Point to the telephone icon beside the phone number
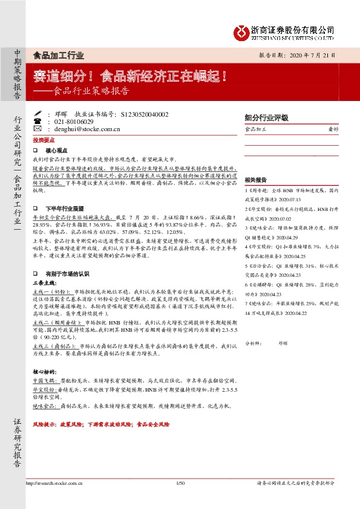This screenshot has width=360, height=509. (38, 122)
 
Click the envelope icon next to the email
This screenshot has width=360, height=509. (38, 129)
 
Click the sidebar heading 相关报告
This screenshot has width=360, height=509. (256, 181)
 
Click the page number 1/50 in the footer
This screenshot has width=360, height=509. (179, 483)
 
